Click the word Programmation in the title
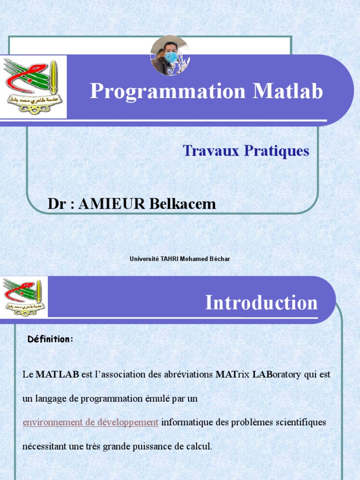167,91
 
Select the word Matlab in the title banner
288,91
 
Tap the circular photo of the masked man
170,55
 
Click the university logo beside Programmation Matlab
33,87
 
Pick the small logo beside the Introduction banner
22,297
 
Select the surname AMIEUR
112,204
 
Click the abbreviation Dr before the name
55,204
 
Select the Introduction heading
261,303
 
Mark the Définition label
50,339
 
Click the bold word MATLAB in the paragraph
57,375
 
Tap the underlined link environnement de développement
90,422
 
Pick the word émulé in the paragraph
154,399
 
